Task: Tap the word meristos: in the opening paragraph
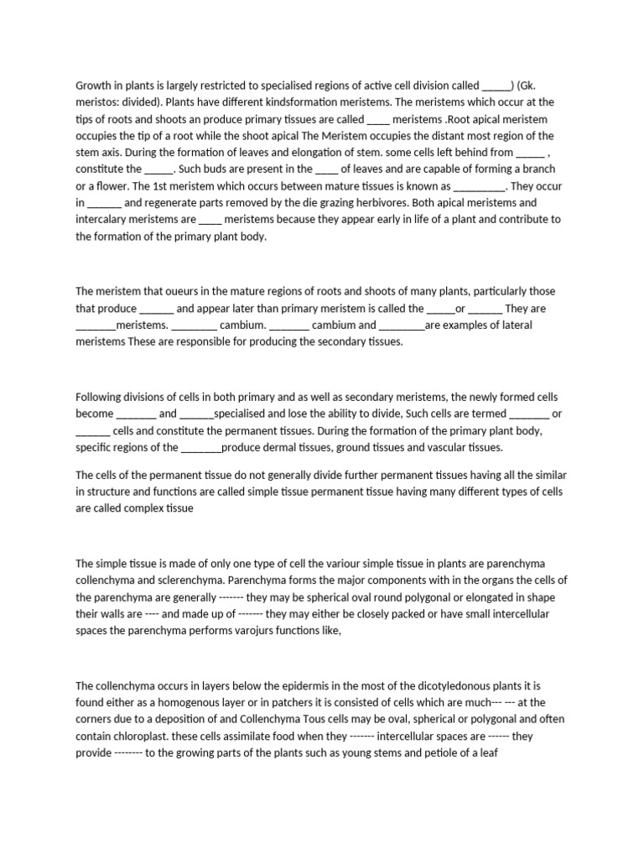click(x=100, y=102)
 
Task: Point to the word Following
click(x=101, y=397)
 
